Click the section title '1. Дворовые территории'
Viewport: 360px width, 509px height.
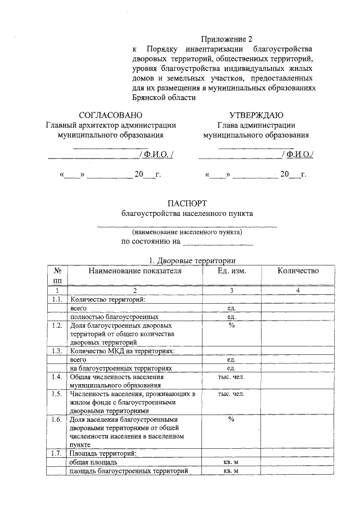pos(187,261)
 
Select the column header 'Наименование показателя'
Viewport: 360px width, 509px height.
pos(135,271)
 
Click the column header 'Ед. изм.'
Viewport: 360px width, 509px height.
pos(231,271)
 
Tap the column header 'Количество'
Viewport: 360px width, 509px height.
pos(298,271)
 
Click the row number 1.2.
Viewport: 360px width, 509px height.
pos(56,326)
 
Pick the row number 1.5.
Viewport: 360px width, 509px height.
pos(56,394)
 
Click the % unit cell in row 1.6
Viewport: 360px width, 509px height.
pos(231,420)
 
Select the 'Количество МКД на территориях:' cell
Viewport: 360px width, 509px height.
pos(122,351)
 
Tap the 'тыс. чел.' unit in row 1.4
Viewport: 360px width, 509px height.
pos(231,376)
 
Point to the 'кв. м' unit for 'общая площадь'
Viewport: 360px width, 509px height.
pos(231,462)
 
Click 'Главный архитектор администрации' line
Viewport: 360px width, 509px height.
pos(110,125)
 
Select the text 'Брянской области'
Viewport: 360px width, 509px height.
pos(164,97)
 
